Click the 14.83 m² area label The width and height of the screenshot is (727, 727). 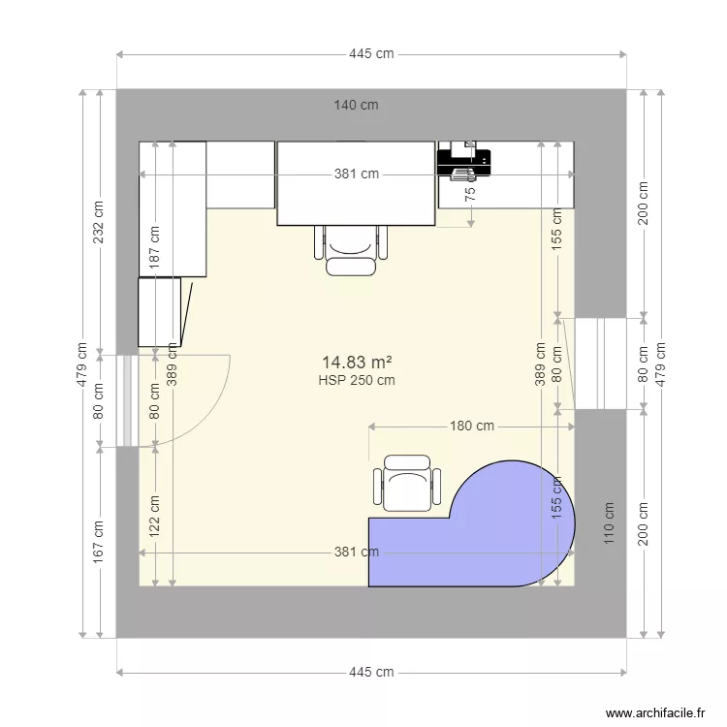[x=357, y=362]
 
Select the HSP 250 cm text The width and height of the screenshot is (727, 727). [x=357, y=380]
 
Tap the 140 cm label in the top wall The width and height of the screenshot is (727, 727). [x=356, y=105]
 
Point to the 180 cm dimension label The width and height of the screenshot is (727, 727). [x=472, y=426]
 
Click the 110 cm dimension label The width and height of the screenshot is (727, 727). [x=610, y=523]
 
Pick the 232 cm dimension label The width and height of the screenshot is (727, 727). [x=98, y=223]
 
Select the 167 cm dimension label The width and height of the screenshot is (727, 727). [x=98, y=544]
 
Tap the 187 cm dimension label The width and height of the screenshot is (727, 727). [x=155, y=247]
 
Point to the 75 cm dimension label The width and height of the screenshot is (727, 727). [x=471, y=193]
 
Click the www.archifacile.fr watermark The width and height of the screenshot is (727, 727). [x=656, y=713]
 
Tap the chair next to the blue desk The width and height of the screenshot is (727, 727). [x=407, y=483]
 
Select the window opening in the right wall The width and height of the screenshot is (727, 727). [x=599, y=363]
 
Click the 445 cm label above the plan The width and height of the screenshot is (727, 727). [x=371, y=54]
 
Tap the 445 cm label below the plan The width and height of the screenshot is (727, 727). [x=371, y=672]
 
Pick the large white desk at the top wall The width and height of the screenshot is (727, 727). [x=356, y=183]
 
